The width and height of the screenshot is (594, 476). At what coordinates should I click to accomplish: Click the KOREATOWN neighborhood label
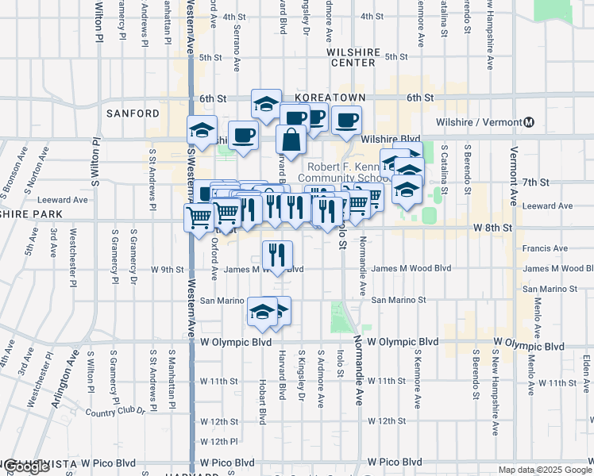[330, 98]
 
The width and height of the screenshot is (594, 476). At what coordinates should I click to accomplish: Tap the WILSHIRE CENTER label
[353, 56]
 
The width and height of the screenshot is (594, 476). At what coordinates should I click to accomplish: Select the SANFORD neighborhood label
[133, 113]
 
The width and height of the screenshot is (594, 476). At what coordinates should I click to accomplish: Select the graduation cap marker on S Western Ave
[202, 129]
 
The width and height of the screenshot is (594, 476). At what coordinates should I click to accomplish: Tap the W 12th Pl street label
[218, 440]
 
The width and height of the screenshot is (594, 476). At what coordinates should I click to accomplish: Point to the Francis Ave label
[545, 248]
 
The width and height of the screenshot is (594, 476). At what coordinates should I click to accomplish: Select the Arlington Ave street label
[66, 383]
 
